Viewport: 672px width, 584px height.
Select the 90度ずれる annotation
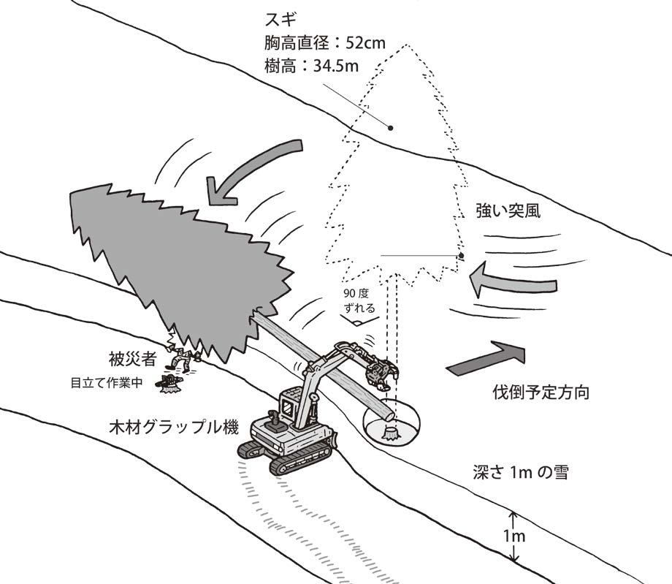(x=359, y=301)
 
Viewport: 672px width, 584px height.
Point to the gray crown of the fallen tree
(x=175, y=256)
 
